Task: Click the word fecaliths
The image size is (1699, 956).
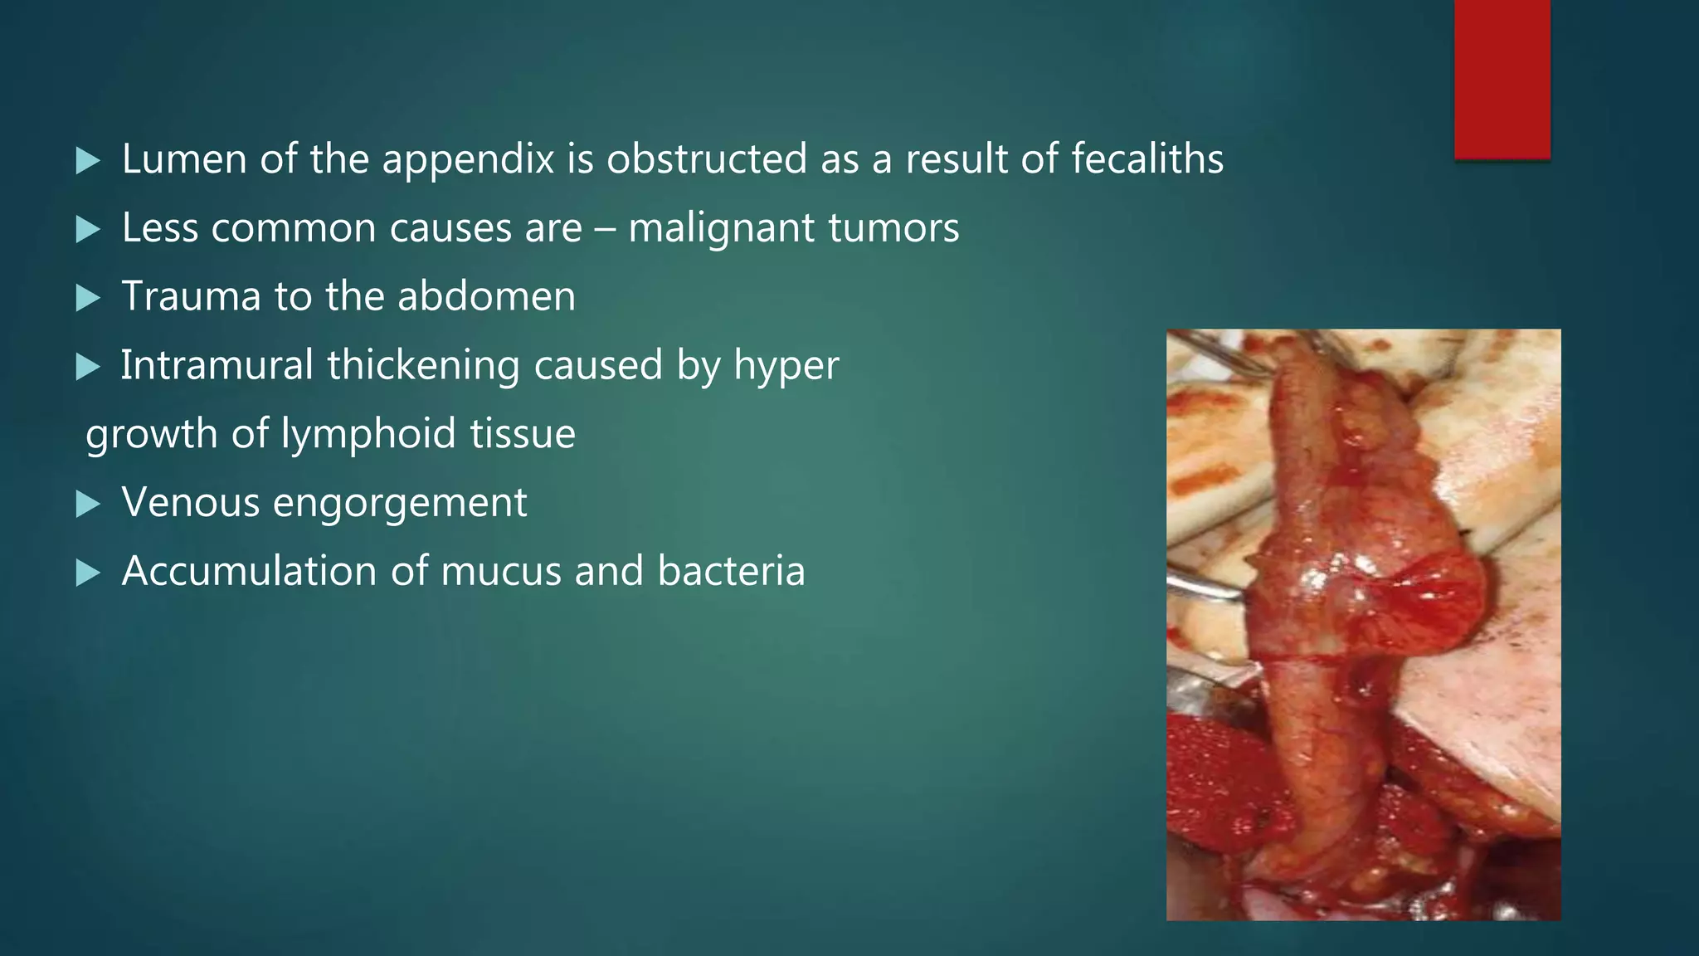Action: click(1147, 159)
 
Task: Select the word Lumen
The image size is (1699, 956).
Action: click(184, 159)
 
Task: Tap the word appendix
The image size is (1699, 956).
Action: click(468, 160)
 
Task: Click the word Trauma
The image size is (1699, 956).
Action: click(191, 296)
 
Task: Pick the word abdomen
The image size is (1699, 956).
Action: click(486, 296)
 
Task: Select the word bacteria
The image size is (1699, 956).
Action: click(731, 571)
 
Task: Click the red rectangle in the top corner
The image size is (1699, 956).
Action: click(1502, 79)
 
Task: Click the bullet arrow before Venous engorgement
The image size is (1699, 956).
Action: click(87, 504)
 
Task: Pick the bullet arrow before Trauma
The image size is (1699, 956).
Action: click(87, 297)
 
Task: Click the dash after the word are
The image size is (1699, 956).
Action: click(606, 229)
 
